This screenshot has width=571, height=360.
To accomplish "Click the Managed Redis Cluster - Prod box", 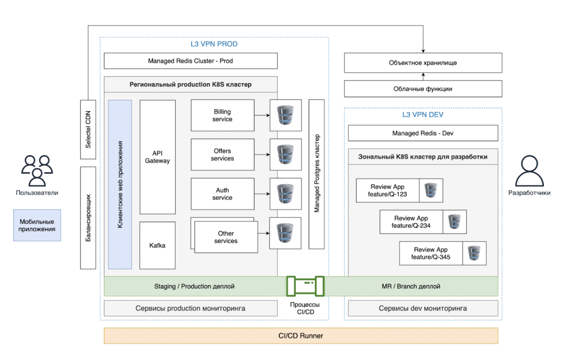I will pyautogui.click(x=191, y=61).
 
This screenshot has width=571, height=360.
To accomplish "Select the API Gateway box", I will pyautogui.click(x=158, y=157).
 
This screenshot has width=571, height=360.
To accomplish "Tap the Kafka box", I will pyautogui.click(x=158, y=245).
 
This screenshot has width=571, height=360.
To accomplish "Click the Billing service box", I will pyautogui.click(x=222, y=115).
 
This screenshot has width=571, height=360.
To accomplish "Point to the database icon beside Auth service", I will pyautogui.click(x=285, y=194).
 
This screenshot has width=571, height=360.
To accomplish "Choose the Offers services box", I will pyautogui.click(x=222, y=155).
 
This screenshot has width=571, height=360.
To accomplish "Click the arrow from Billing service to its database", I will pyautogui.click(x=262, y=115).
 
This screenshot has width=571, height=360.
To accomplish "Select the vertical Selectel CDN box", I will pyautogui.click(x=88, y=129).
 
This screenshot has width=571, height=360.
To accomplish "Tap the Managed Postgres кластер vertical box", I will pyautogui.click(x=317, y=174).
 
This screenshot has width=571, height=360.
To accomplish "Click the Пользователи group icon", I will pyautogui.click(x=37, y=171).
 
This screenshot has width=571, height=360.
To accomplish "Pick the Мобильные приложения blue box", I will pyautogui.click(x=37, y=225).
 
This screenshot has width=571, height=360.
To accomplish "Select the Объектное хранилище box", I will pyautogui.click(x=423, y=63).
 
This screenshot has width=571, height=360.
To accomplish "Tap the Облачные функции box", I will pyautogui.click(x=423, y=89).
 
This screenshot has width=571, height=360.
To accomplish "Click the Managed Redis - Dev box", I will pyautogui.click(x=423, y=133).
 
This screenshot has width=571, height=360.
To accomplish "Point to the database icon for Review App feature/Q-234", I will pyautogui.click(x=454, y=222).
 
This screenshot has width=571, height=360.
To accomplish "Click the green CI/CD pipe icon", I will pyautogui.click(x=305, y=286).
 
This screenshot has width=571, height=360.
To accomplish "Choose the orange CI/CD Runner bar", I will pyautogui.click(x=301, y=336).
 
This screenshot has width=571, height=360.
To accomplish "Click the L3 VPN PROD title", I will pyautogui.click(x=214, y=44).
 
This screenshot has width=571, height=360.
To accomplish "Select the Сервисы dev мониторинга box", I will pyautogui.click(x=423, y=308).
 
